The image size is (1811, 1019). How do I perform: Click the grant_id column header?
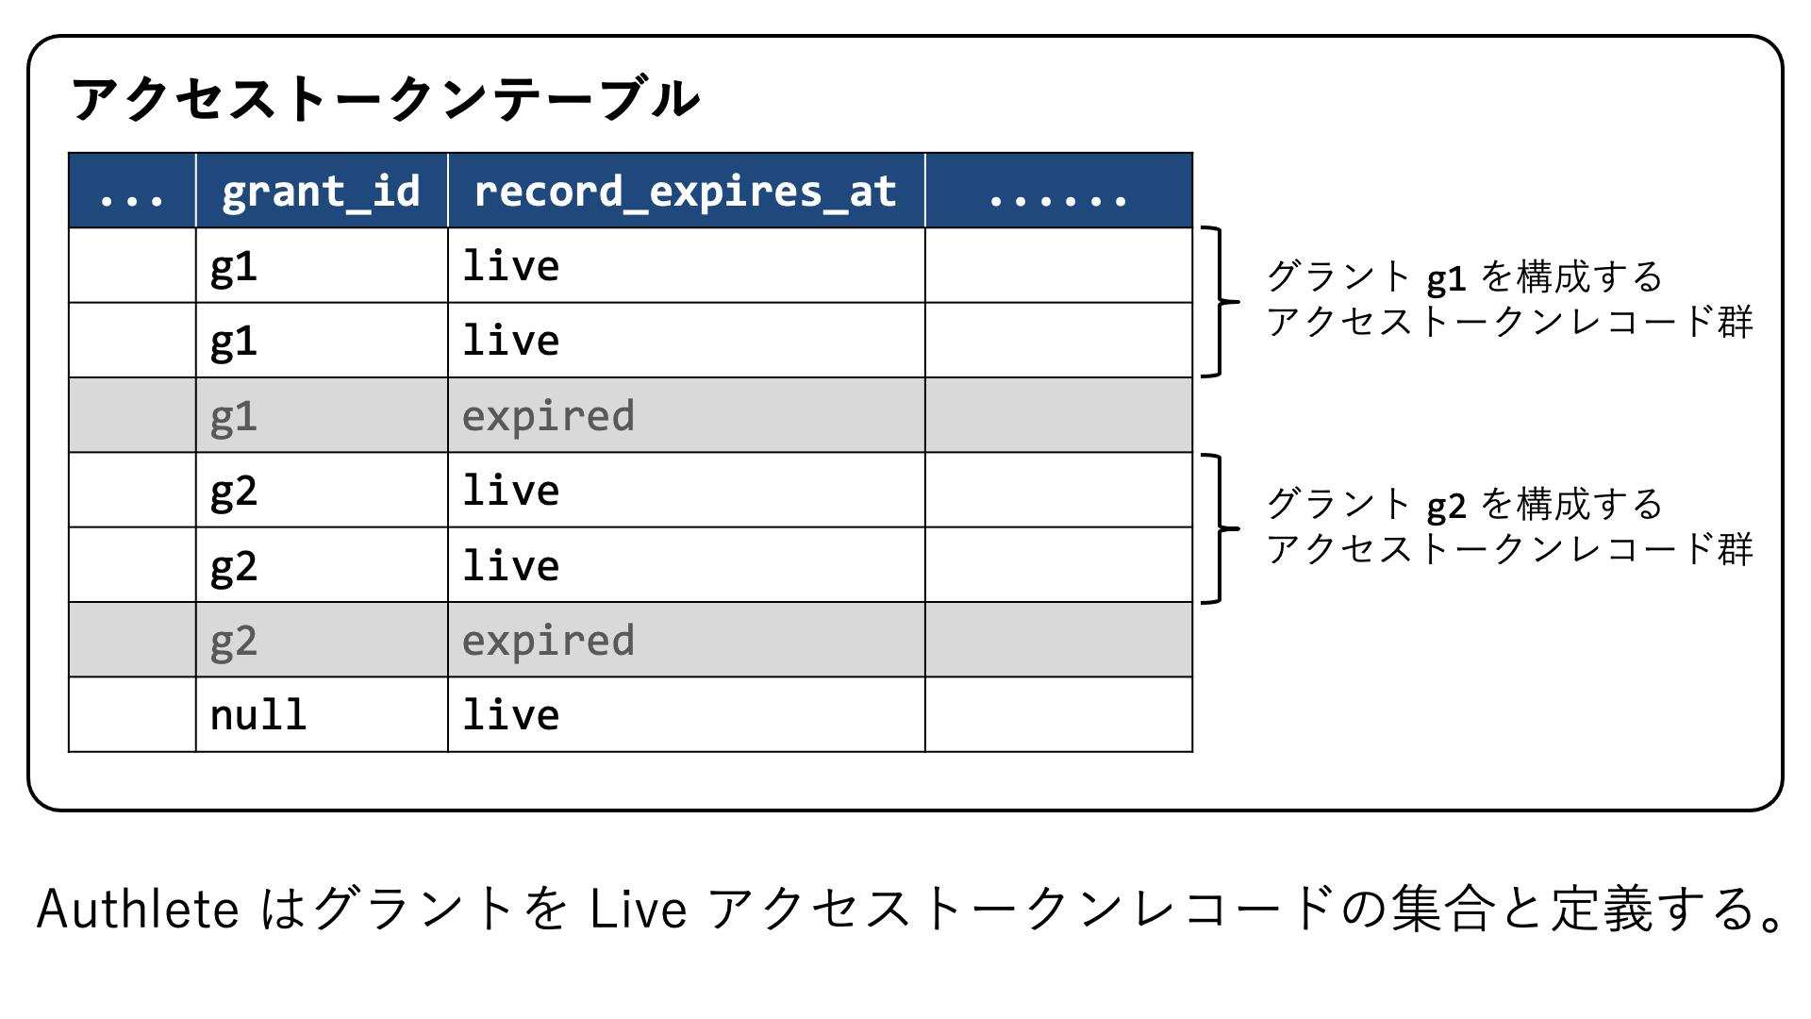[321, 192]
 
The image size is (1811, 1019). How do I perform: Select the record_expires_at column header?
[686, 192]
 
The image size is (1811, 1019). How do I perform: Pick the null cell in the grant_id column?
[258, 715]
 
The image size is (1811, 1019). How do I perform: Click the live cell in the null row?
[511, 715]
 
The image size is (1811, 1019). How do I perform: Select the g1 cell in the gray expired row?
[233, 417]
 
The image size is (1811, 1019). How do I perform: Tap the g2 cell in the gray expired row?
[233, 642]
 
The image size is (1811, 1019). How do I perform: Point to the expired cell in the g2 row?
[548, 642]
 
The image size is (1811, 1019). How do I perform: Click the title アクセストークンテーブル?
[386, 99]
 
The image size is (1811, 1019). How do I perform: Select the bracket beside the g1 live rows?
[1221, 302]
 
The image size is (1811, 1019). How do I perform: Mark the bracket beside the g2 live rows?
[1221, 528]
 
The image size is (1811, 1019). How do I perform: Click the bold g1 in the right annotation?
[1446, 279]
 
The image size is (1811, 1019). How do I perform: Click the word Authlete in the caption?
[138, 910]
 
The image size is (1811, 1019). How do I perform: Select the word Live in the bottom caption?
[639, 910]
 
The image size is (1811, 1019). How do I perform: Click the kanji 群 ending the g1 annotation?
[1736, 322]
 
